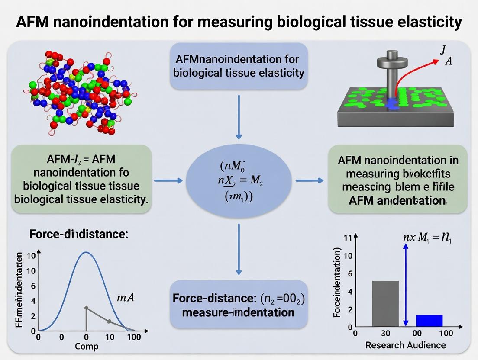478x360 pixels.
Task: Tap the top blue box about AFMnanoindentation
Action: (x=239, y=66)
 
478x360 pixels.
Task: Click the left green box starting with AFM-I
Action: (x=82, y=179)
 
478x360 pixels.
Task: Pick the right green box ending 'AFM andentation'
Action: (x=398, y=179)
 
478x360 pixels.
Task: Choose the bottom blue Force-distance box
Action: (x=239, y=305)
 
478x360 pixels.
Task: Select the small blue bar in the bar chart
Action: (x=429, y=320)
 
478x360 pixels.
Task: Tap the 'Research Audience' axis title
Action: (x=405, y=345)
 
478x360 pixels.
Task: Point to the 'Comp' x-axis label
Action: (x=87, y=346)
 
